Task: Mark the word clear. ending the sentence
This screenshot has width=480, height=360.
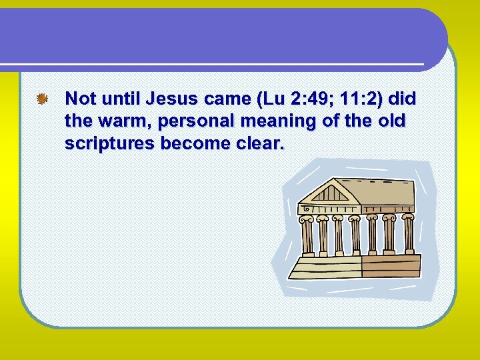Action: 257,144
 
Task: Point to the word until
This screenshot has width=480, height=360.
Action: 121,100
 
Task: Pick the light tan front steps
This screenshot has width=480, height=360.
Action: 327,268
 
